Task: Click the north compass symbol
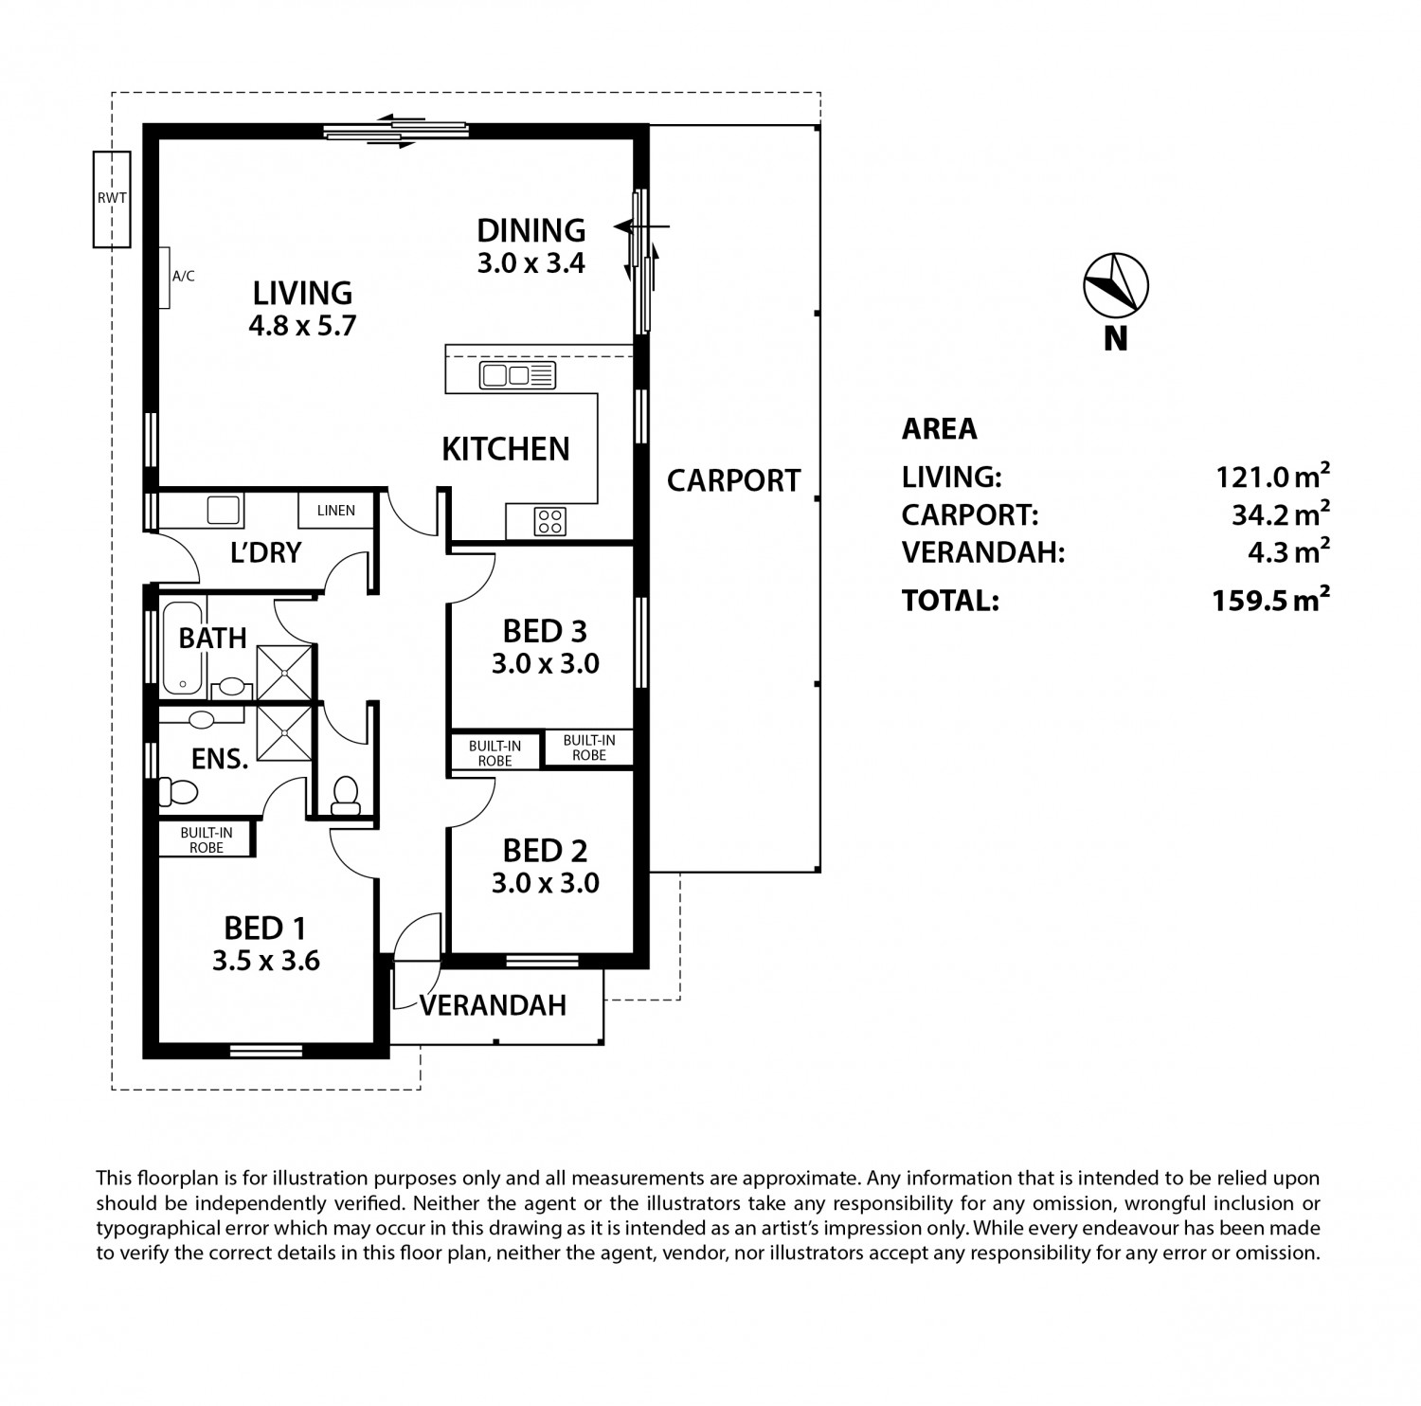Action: point(1116,285)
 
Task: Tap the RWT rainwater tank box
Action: point(111,199)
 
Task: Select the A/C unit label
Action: point(183,277)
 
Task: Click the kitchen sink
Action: point(517,375)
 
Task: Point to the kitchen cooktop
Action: point(550,520)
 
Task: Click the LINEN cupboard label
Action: point(336,511)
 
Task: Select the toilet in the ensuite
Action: point(177,790)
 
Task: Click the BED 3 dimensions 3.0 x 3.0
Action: point(546,664)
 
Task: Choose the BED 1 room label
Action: point(265,928)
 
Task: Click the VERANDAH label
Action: point(494,1004)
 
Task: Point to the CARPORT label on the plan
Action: point(734,480)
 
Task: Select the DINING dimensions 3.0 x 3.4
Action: point(531,263)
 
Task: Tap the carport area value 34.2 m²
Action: point(1281,514)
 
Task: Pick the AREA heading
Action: point(940,429)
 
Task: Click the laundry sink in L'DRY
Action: point(224,511)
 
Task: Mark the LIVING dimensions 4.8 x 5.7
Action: point(302,327)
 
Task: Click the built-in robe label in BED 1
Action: point(207,840)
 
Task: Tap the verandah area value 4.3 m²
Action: point(1288,551)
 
